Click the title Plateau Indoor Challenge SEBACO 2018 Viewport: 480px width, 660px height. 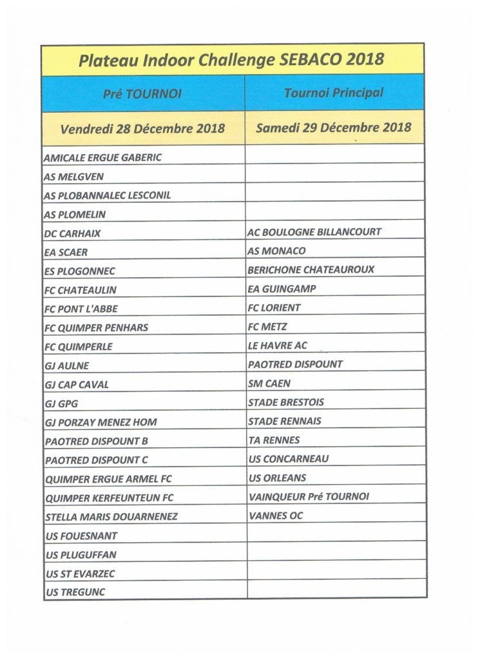231,60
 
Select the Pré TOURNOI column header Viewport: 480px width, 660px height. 142,93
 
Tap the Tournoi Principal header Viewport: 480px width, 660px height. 334,93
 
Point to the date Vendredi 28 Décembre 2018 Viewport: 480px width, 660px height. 142,128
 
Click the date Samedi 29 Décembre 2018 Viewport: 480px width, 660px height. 334,127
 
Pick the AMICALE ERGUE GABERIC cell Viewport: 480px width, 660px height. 103,157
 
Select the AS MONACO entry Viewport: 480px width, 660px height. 277,251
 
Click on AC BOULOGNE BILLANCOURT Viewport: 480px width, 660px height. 314,232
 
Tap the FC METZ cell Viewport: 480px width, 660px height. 267,327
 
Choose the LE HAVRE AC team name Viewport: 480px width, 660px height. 278,345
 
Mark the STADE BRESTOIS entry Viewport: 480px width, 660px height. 286,402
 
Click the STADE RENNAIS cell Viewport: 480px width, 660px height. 285,421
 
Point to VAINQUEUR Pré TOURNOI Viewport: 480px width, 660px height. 309,497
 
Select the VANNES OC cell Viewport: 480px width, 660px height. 275,516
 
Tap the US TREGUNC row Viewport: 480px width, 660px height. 75,592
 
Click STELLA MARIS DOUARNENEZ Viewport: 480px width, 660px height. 111,517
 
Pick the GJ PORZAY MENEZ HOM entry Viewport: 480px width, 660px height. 101,422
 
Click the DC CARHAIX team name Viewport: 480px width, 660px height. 73,233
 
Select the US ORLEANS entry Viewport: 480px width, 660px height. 277,478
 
